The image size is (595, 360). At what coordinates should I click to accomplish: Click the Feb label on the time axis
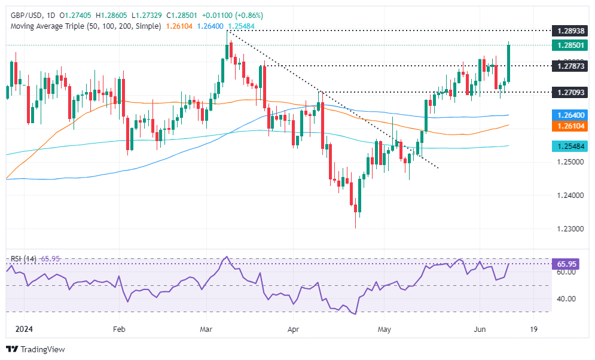(118, 329)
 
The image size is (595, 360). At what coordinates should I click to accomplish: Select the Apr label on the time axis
(293, 329)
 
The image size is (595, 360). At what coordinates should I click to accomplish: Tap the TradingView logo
(35, 349)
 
